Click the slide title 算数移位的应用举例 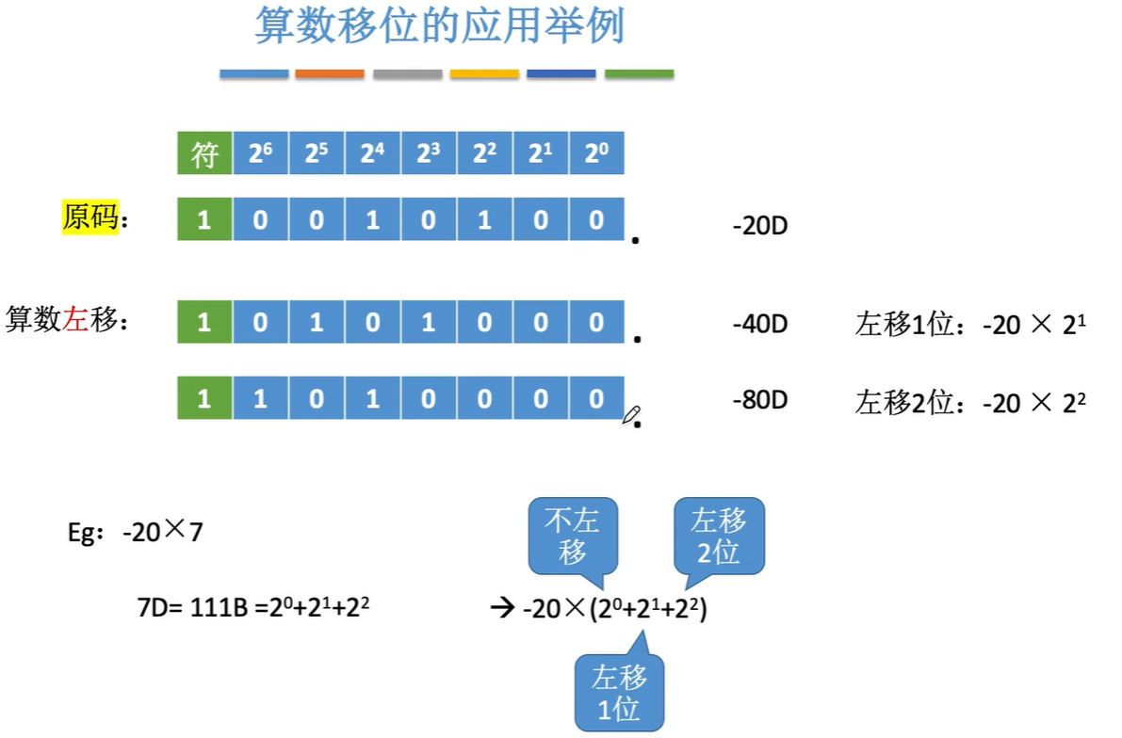click(x=440, y=27)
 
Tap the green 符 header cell click(x=204, y=154)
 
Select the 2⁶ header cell click(x=260, y=154)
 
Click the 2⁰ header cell click(x=596, y=154)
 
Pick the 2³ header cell click(x=429, y=154)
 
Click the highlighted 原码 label click(x=90, y=218)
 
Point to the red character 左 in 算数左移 click(x=76, y=320)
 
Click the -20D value click(x=759, y=227)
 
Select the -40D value click(x=759, y=324)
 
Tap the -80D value click(x=759, y=400)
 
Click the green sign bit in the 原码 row click(x=204, y=218)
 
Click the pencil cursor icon click(x=631, y=415)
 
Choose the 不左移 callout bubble click(x=573, y=535)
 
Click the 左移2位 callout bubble click(x=718, y=535)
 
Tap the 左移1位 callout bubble click(x=620, y=692)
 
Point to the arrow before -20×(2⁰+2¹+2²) click(x=500, y=610)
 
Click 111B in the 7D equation click(x=219, y=610)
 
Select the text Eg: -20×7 click(x=135, y=532)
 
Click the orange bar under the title click(x=330, y=73)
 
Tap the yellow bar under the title click(x=484, y=73)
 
